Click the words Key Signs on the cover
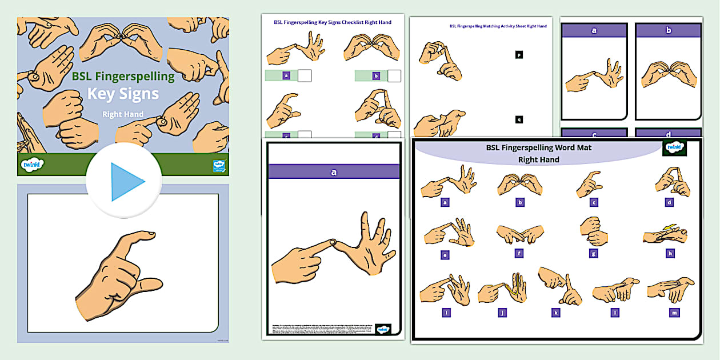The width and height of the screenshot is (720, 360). (x=123, y=93)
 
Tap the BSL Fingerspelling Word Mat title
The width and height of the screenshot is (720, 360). (x=538, y=147)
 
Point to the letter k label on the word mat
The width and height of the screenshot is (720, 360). (x=555, y=313)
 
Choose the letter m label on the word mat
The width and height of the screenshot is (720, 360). (x=675, y=313)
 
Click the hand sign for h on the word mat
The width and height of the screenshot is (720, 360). (x=665, y=234)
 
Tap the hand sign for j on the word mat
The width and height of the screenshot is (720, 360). (x=502, y=291)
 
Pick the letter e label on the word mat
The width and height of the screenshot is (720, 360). (x=445, y=255)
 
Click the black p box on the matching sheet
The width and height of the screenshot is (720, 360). (x=519, y=55)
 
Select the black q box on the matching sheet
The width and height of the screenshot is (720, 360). (x=519, y=119)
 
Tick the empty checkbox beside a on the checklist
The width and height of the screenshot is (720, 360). (x=305, y=75)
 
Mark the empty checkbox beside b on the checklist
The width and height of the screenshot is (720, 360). (x=394, y=75)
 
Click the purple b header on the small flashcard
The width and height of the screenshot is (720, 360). (x=668, y=31)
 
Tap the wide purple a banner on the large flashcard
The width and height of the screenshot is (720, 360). (x=334, y=171)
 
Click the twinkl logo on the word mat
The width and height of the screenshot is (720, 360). (x=674, y=148)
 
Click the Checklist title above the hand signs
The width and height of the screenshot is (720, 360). (x=333, y=22)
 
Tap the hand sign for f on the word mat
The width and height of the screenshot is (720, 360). (x=519, y=233)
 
